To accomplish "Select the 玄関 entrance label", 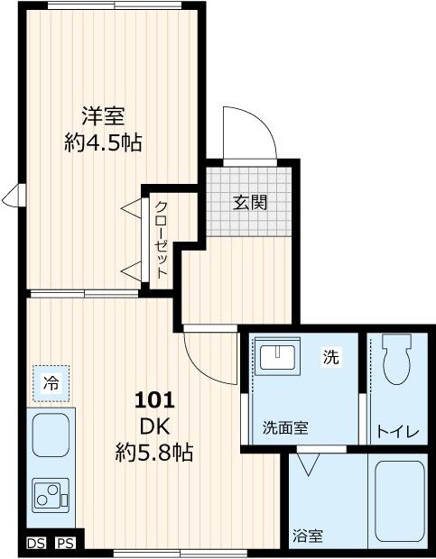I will [x=251, y=202].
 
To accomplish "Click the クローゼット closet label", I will [x=161, y=239].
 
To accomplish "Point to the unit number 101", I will [x=155, y=399].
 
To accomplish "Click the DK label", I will [x=155, y=425].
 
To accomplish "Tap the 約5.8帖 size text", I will [x=155, y=450].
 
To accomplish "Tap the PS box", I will [x=65, y=543].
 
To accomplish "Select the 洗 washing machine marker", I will [x=331, y=357].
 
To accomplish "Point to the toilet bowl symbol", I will [x=396, y=361].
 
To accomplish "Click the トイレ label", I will [x=397, y=432].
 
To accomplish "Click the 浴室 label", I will [x=308, y=536].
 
